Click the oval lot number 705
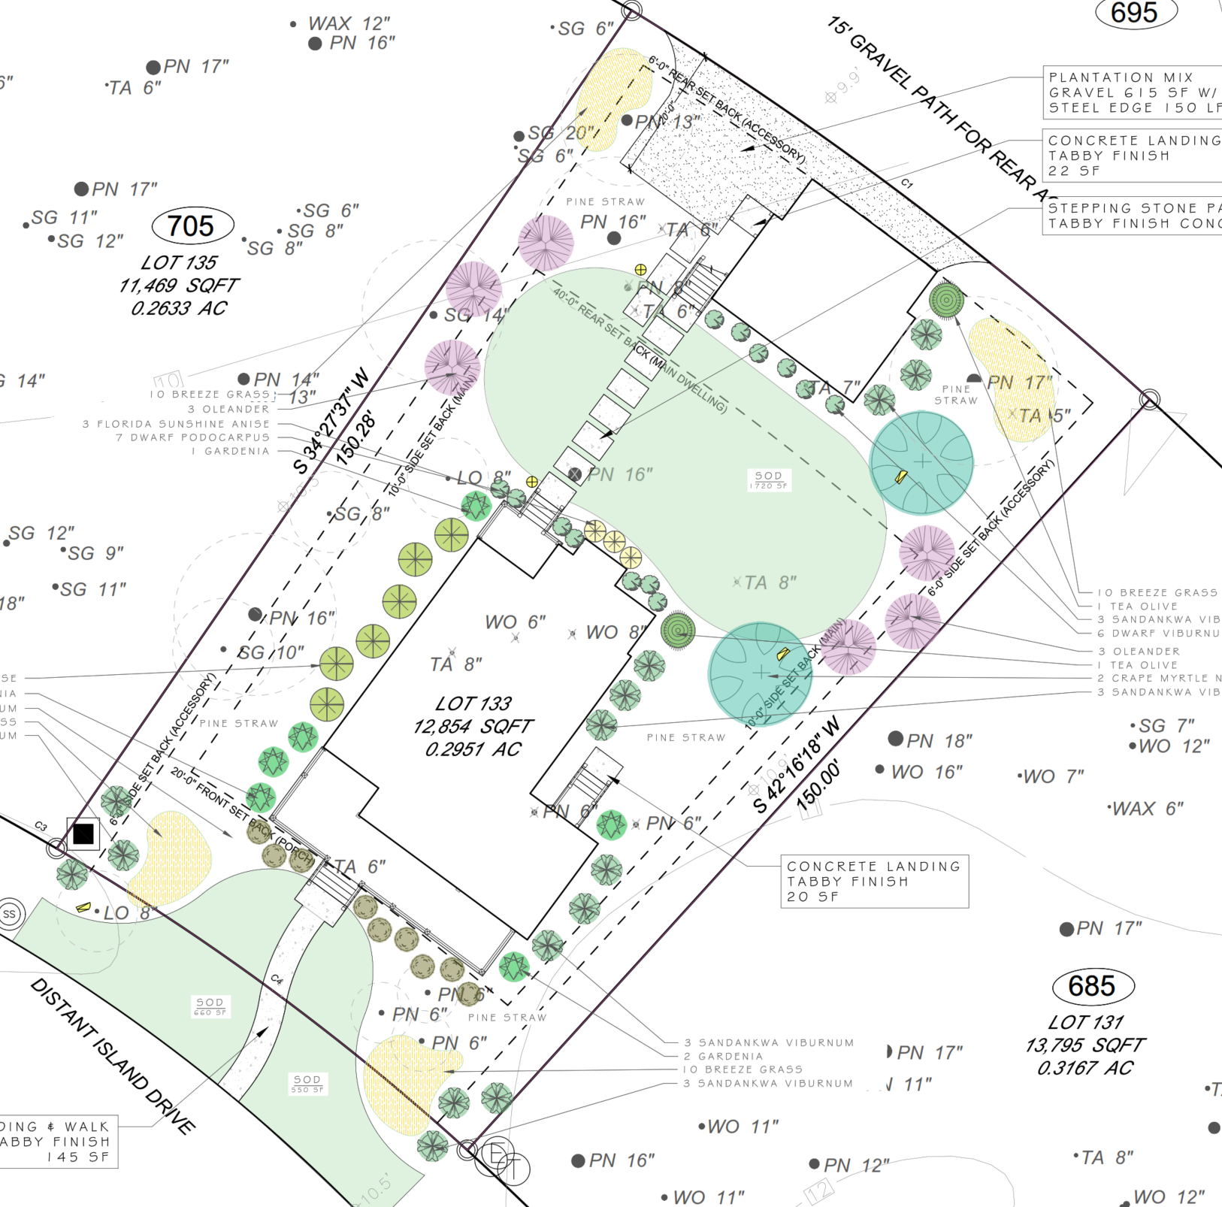click(x=192, y=225)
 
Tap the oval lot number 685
click(x=1091, y=985)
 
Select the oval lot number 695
click(x=1134, y=13)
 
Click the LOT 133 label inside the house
click(x=473, y=704)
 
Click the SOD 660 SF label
click(x=210, y=1006)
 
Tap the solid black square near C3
click(x=83, y=833)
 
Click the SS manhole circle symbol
click(x=10, y=915)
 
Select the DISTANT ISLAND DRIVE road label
click(x=113, y=1056)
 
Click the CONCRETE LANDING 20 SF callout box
click(x=874, y=881)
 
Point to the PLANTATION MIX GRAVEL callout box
click(x=1131, y=92)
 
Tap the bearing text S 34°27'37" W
click(x=331, y=421)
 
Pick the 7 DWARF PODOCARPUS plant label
click(x=192, y=437)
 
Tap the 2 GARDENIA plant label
click(x=723, y=1056)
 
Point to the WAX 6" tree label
click(x=1147, y=809)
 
